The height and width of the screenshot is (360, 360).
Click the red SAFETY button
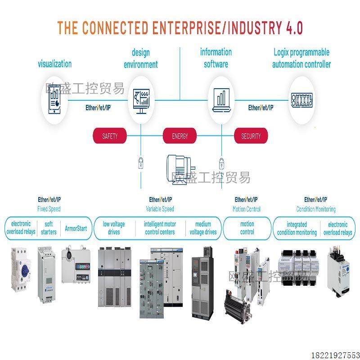pyautogui.click(x=110, y=136)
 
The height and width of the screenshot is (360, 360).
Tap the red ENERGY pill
pyautogui.click(x=180, y=136)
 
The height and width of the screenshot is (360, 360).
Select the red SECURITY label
pyautogui.click(x=251, y=136)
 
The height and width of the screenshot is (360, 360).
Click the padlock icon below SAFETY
pyautogui.click(x=141, y=162)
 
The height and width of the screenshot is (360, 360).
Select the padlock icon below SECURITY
pyautogui.click(x=221, y=162)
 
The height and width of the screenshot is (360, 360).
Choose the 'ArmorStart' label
pyautogui.click(x=76, y=228)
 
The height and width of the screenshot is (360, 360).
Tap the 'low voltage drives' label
pyautogui.click(x=114, y=228)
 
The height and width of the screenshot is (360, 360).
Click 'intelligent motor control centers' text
pyautogui.click(x=160, y=228)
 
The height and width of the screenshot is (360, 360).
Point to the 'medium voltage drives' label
pyautogui.click(x=203, y=228)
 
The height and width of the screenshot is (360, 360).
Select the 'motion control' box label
pyautogui.click(x=247, y=228)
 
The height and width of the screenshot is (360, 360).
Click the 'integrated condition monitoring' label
pyautogui.click(x=297, y=228)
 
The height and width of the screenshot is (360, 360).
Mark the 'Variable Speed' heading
pyautogui.click(x=160, y=209)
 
